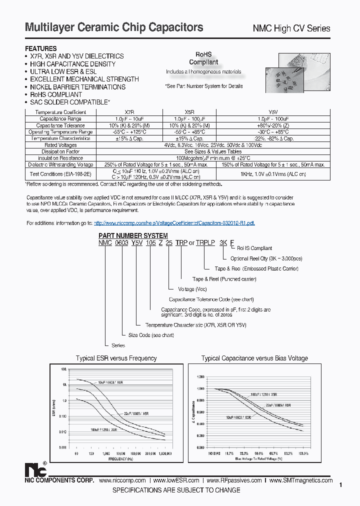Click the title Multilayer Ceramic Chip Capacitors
click(x=114, y=27)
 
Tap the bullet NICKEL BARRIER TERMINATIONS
click(x=77, y=87)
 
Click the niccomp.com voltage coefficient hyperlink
click(x=174, y=223)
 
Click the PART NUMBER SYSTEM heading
click(x=133, y=235)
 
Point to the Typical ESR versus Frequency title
click(x=116, y=358)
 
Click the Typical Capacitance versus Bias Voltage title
click(x=254, y=358)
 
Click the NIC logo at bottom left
click(x=35, y=470)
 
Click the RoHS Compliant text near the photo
click(x=203, y=58)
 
